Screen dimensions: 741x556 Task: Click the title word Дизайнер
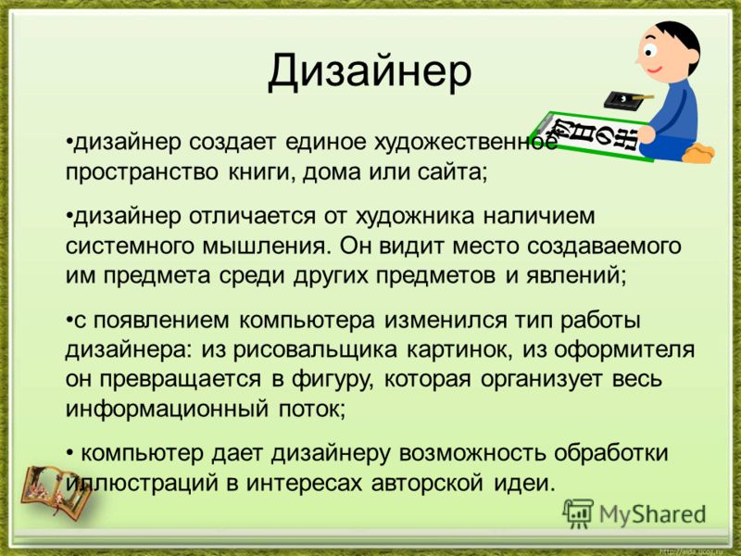(370, 72)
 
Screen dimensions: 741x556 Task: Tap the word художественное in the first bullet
(466, 142)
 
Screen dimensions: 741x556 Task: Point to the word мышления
(265, 246)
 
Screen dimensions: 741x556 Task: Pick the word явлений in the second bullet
(576, 275)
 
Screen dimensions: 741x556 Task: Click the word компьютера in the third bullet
(308, 321)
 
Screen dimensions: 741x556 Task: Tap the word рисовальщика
(315, 350)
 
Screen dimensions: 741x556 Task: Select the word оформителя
(623, 350)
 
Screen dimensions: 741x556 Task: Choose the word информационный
(167, 409)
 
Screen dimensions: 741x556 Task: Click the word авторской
(427, 483)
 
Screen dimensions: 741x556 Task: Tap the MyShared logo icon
(577, 513)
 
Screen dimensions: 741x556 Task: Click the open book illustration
(56, 492)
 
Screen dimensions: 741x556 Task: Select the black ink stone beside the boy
(620, 99)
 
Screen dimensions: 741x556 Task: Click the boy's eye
(650, 50)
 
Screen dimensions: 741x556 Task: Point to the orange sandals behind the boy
(698, 154)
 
